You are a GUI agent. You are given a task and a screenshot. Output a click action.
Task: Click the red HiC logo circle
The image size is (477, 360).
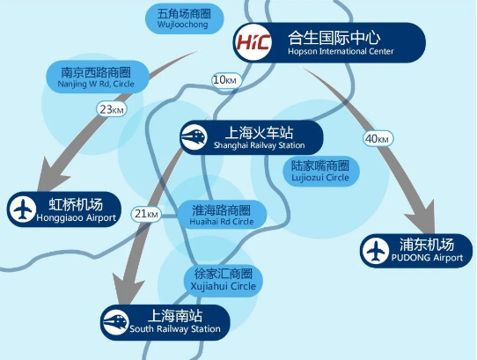(x=253, y=42)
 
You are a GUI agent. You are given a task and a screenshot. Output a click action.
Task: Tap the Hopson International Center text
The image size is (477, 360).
(x=341, y=51)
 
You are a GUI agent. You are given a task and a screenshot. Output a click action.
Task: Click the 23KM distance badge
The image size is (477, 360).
(x=112, y=109)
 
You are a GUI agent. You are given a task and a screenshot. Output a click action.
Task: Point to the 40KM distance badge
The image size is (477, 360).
(x=378, y=139)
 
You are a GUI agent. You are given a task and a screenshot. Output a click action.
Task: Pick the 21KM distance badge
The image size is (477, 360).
(x=146, y=214)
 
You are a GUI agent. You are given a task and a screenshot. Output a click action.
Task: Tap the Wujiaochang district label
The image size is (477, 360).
(x=185, y=18)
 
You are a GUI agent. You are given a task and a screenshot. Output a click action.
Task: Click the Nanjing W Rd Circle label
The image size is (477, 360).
(x=98, y=77)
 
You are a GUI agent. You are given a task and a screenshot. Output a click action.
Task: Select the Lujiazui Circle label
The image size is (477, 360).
(x=321, y=172)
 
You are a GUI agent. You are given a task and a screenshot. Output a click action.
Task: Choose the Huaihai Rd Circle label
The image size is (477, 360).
(x=222, y=215)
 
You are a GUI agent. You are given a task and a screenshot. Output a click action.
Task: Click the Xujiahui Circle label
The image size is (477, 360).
(x=223, y=280)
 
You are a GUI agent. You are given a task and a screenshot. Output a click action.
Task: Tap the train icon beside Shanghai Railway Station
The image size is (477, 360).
(x=194, y=137)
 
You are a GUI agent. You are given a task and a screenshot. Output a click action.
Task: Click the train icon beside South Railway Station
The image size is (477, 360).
(x=116, y=322)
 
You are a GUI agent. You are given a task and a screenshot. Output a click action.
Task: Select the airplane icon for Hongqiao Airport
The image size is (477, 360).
(x=22, y=209)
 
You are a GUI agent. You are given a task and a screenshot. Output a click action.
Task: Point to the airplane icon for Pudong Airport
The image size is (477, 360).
(x=375, y=251)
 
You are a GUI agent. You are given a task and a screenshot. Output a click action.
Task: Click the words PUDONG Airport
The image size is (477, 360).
(x=427, y=258)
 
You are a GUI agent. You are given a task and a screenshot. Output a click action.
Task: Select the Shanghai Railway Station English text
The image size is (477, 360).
(x=260, y=145)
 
